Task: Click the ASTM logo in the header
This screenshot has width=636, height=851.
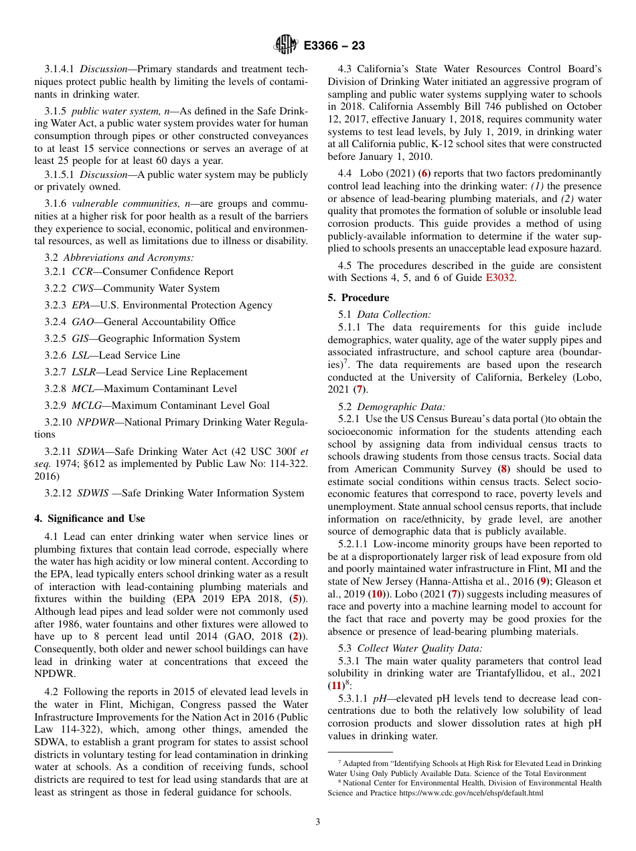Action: pos(287,45)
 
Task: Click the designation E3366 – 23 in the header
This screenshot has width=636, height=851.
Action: pos(334,46)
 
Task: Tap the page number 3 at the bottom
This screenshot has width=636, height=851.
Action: pos(318,822)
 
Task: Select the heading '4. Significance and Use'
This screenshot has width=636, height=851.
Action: pos(89,518)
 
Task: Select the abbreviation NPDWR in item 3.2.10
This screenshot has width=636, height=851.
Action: pos(95,422)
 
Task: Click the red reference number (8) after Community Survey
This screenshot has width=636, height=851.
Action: pos(503,470)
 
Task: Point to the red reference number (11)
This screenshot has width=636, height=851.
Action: pos(335,686)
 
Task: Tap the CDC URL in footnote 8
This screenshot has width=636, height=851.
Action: pos(471,793)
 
